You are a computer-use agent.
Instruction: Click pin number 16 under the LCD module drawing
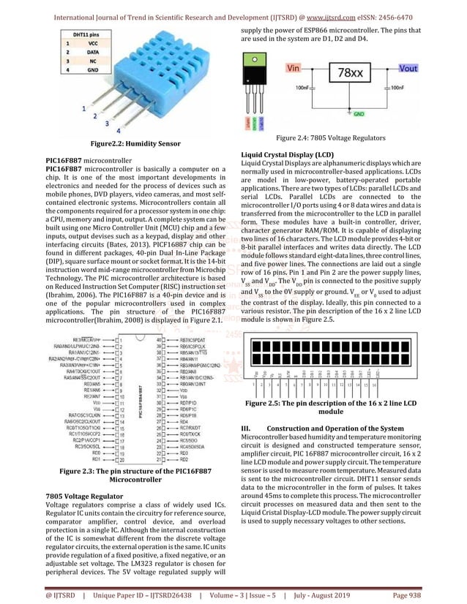pos(374,383)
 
